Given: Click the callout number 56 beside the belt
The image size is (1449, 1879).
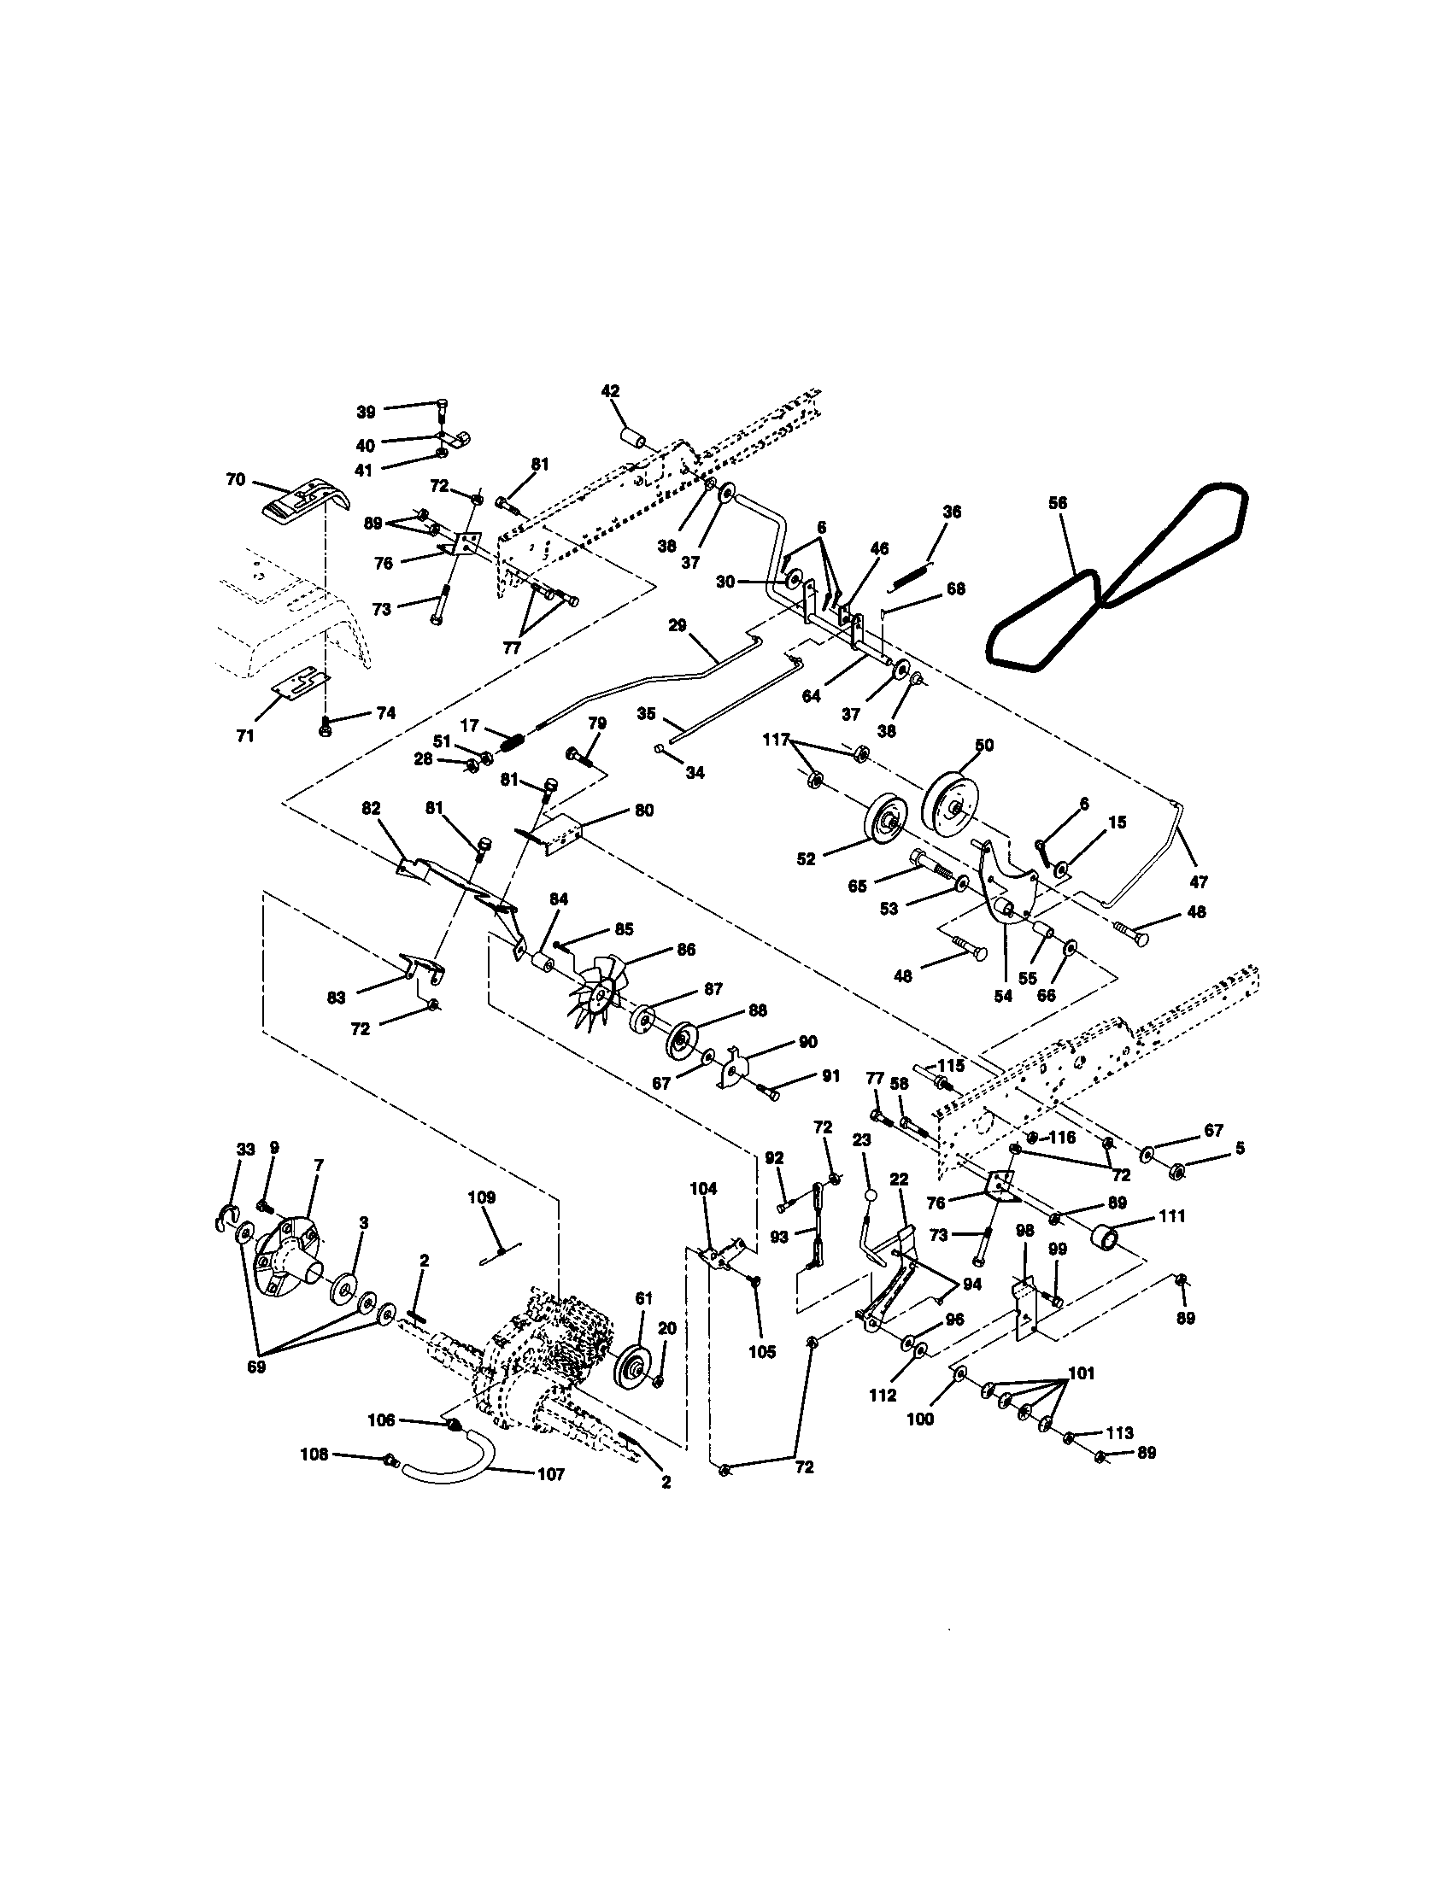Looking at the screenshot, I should click(1058, 503).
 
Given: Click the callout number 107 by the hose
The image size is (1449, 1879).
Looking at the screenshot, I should click(550, 1474).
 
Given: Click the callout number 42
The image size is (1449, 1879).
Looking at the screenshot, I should click(610, 390).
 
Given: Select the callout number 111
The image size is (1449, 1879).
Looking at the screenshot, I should click(1172, 1215).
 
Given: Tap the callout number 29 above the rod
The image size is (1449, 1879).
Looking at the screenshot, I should click(678, 625).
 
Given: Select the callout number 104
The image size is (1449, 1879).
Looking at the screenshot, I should click(703, 1188).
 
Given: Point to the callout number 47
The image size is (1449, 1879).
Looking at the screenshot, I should click(1199, 882).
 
